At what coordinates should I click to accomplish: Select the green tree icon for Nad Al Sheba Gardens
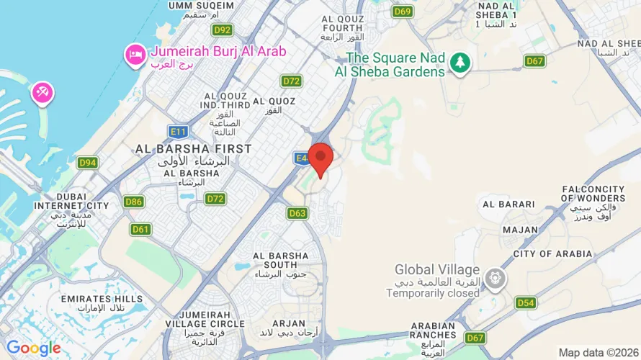point(459,63)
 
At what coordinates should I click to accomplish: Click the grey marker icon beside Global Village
point(495,277)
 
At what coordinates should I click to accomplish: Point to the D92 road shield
point(222,30)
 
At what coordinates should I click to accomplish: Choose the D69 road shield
point(403,12)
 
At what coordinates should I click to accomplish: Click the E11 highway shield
point(177,131)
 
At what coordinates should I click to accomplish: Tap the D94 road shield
point(88,163)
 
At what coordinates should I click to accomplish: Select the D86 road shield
point(133,202)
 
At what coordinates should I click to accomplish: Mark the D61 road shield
point(140,229)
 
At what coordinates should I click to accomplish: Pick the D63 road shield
point(297,213)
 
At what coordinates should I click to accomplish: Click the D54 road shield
point(526,303)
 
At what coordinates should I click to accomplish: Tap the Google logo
point(34,348)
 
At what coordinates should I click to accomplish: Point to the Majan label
point(521,230)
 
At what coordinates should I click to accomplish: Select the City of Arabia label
point(552,253)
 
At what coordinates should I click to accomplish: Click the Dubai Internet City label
point(71,205)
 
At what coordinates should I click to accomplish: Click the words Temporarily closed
point(433,293)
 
